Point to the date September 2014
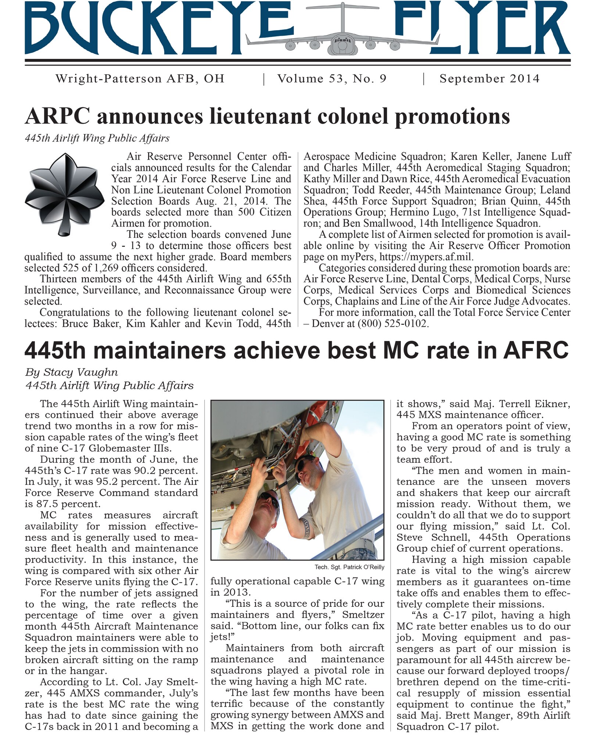coord(489,79)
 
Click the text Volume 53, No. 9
coord(332,79)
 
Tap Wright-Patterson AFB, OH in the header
coord(140,79)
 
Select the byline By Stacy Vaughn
coord(71,372)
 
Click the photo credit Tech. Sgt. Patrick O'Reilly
coord(349,567)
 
